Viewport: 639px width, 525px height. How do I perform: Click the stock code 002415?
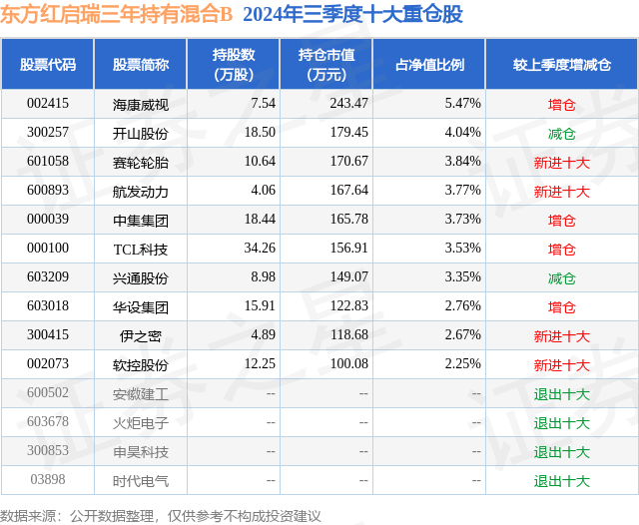pyautogui.click(x=48, y=103)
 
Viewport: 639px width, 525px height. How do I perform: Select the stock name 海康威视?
pyautogui.click(x=141, y=104)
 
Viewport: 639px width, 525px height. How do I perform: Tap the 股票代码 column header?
pyautogui.click(x=48, y=65)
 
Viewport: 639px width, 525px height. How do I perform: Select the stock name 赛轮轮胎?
pyautogui.click(x=141, y=162)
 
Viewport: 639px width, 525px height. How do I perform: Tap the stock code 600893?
pyautogui.click(x=48, y=191)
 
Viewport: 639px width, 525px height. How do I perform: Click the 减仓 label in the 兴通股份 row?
pyautogui.click(x=561, y=277)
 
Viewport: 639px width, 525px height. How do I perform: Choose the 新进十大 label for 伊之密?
pyautogui.click(x=561, y=336)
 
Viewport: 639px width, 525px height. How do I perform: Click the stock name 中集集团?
pyautogui.click(x=141, y=220)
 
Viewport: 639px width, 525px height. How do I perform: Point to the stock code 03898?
pyautogui.click(x=48, y=481)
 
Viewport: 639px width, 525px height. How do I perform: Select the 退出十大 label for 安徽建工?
pyautogui.click(x=561, y=394)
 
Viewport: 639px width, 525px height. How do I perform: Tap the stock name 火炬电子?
pyautogui.click(x=141, y=423)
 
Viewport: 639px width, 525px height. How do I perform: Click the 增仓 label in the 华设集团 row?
pyautogui.click(x=561, y=307)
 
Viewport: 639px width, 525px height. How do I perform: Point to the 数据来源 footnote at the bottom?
pyautogui.click(x=161, y=515)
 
